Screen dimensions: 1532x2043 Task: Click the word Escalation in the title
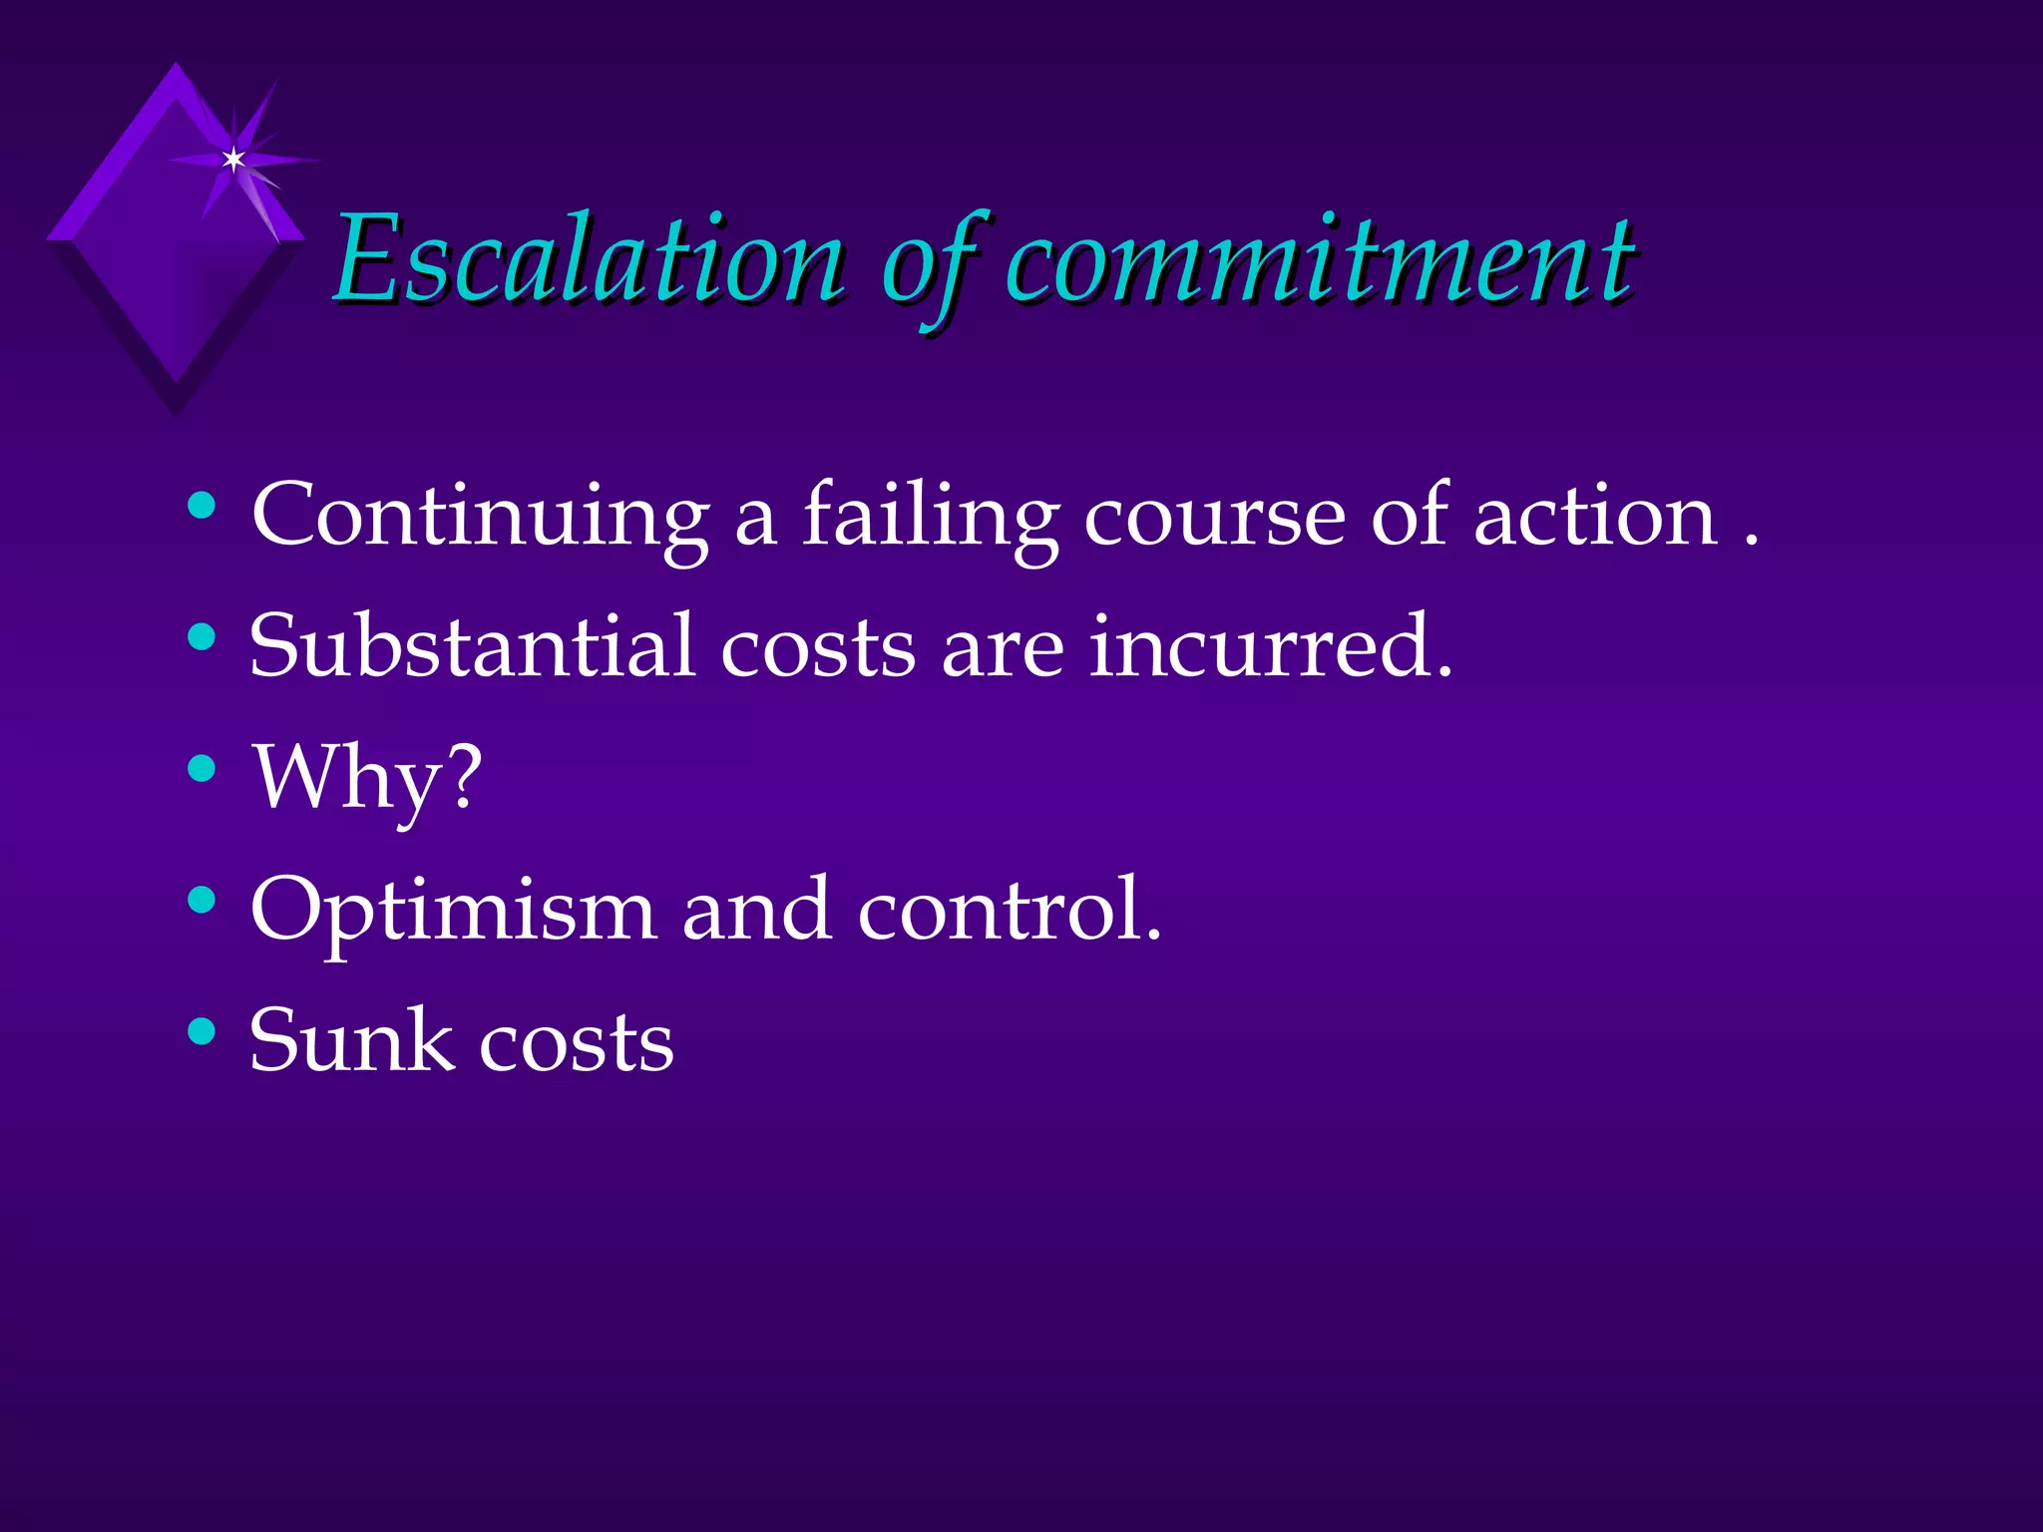pyautogui.click(x=589, y=261)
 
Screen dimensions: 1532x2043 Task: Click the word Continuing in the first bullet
pyautogui.click(x=480, y=516)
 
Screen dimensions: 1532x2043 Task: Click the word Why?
pyautogui.click(x=367, y=779)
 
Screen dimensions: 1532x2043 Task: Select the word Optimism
pyautogui.click(x=453, y=910)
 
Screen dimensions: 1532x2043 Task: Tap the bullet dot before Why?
pyautogui.click(x=202, y=768)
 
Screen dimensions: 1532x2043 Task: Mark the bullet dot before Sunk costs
pyautogui.click(x=202, y=1030)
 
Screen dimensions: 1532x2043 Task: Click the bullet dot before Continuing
pyautogui.click(x=202, y=506)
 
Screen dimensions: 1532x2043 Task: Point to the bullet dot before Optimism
pyautogui.click(x=202, y=900)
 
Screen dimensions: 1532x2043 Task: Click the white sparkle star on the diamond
pyautogui.click(x=233, y=159)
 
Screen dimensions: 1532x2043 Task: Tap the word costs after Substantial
pyautogui.click(x=818, y=648)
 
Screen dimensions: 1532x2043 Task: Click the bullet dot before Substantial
pyautogui.click(x=202, y=636)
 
